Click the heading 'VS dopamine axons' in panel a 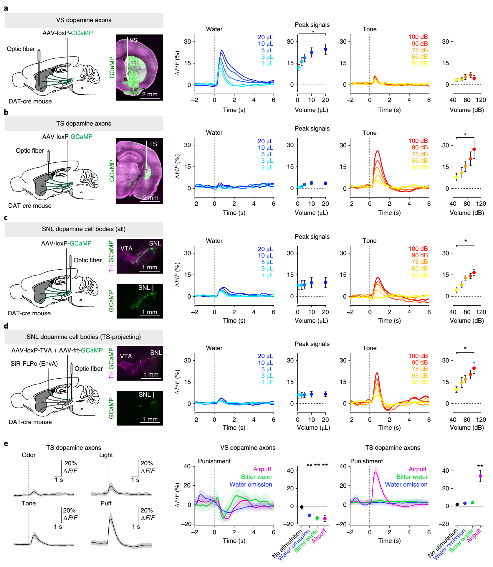(84, 20)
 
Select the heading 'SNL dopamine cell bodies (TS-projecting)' (84, 337)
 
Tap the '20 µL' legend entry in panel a (265, 37)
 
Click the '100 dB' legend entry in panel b (418, 141)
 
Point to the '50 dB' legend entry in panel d (419, 382)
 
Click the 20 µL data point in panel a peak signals (325, 50)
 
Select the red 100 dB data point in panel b (474, 149)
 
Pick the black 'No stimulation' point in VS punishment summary (302, 507)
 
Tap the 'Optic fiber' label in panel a (21, 49)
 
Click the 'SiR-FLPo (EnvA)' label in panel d (34, 364)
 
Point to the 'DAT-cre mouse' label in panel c (29, 313)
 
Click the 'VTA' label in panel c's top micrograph (126, 248)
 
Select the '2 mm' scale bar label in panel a (150, 94)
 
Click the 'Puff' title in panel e (106, 503)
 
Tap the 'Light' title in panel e (106, 455)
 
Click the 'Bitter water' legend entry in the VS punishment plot (257, 477)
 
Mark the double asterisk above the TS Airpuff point (480, 466)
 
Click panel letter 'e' (6, 444)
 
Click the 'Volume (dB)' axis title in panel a (466, 110)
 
